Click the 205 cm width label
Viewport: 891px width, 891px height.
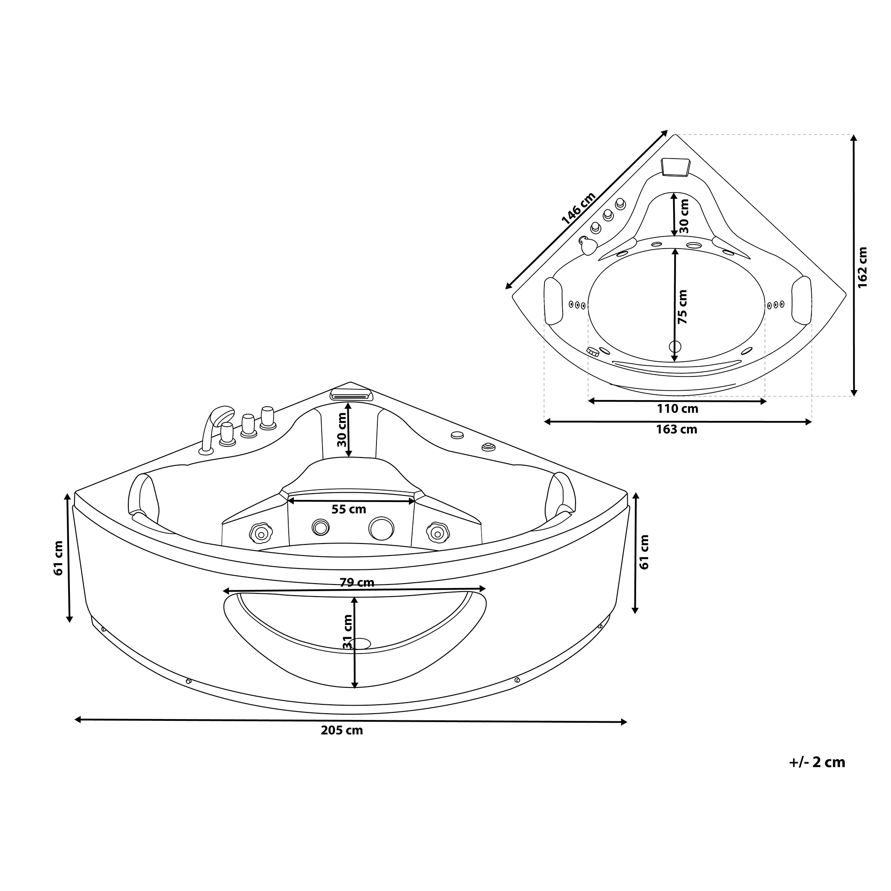[x=342, y=731]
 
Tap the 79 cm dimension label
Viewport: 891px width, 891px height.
[x=357, y=582]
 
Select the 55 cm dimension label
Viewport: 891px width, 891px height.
[x=349, y=509]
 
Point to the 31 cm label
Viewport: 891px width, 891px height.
[x=347, y=632]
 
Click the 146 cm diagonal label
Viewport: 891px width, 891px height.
[x=579, y=208]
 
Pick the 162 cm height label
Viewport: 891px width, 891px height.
[x=862, y=267]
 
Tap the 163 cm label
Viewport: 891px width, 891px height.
[x=677, y=429]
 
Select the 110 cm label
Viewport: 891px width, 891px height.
[x=678, y=409]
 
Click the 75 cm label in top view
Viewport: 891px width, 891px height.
[x=683, y=307]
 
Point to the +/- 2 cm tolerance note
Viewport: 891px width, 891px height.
[x=817, y=762]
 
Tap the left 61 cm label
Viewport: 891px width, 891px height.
[x=58, y=558]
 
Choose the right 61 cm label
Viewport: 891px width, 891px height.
[x=644, y=552]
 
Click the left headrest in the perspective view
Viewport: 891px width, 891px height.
[x=143, y=496]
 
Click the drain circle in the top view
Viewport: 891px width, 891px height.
[x=674, y=346]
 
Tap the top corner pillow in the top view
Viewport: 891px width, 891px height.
[x=676, y=167]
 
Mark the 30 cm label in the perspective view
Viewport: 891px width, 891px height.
[x=342, y=429]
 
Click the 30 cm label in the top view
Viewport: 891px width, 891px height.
[x=684, y=215]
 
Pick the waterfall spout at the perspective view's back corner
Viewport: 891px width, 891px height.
[x=351, y=394]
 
